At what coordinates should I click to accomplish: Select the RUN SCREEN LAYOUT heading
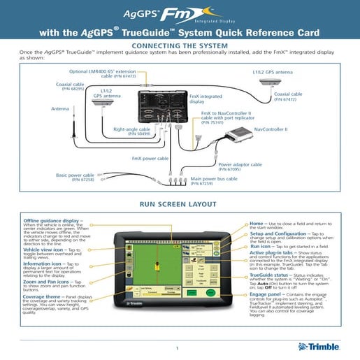click(180, 206)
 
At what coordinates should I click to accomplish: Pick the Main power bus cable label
click(214, 180)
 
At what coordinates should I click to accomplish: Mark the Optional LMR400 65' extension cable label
click(102, 73)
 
